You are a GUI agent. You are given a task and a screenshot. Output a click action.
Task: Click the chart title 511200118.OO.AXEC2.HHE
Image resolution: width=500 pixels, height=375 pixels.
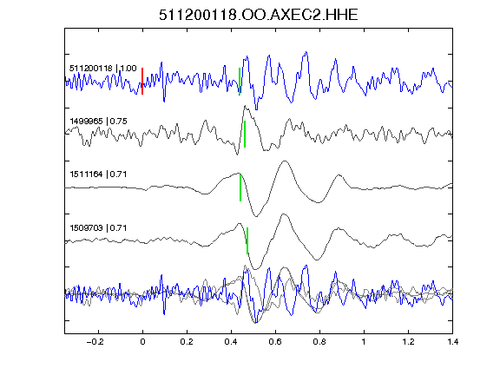tap(259, 15)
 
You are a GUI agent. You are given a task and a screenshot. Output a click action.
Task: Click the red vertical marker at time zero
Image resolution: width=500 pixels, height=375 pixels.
tap(142, 81)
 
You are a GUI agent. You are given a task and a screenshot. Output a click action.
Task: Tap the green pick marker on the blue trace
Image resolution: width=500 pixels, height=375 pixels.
tap(240, 81)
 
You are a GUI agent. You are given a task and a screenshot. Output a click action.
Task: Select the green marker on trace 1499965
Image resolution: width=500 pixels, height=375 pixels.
tap(245, 134)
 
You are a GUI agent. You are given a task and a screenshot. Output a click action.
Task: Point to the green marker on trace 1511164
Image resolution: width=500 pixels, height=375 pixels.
tap(240, 187)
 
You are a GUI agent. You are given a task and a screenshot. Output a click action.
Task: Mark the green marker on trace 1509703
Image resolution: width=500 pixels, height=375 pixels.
tap(247, 240)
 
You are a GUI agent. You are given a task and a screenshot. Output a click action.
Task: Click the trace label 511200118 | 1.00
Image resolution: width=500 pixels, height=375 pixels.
tap(103, 69)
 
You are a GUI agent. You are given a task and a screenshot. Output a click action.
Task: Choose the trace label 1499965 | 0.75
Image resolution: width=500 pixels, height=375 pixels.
tap(98, 122)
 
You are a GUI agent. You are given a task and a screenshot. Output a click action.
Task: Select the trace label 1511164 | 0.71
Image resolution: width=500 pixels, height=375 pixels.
tap(98, 174)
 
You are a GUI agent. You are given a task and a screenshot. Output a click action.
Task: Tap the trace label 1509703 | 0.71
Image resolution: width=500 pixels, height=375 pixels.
tap(98, 228)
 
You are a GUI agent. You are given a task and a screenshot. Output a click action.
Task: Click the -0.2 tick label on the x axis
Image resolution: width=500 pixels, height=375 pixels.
tap(95, 342)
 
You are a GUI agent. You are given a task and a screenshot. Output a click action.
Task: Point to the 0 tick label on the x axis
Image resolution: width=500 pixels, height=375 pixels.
tap(142, 342)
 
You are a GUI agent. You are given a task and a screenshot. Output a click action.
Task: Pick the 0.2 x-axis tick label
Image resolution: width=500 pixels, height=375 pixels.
tap(187, 342)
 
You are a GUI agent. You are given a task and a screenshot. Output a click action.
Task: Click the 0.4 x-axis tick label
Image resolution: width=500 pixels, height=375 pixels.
tap(231, 342)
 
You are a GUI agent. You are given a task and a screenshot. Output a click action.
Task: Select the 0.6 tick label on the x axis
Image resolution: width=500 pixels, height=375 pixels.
tap(275, 342)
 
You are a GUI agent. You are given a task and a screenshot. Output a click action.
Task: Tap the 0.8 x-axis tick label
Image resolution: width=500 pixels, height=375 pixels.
tap(319, 342)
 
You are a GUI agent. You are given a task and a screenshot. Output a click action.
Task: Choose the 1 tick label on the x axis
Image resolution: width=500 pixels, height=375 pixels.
tap(364, 342)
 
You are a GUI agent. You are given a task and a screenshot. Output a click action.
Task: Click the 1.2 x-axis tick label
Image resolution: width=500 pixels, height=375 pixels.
tap(408, 342)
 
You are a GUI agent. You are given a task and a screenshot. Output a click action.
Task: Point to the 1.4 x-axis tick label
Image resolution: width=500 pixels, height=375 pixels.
tap(452, 342)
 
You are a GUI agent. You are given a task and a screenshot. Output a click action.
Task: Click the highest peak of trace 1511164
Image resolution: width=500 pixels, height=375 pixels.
tap(285, 161)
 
